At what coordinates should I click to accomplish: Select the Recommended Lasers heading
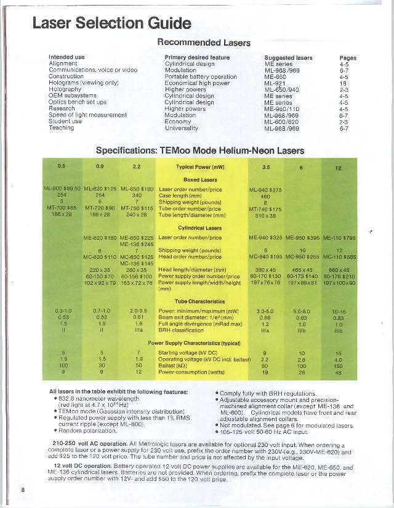[x=204, y=43]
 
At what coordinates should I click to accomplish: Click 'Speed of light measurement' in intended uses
[x=87, y=115]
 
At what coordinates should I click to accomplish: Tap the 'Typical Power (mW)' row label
[x=200, y=166]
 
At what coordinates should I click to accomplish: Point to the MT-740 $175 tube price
[x=265, y=210]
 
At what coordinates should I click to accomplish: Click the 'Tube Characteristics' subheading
[x=198, y=301]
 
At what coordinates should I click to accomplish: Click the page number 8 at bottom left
[x=23, y=490]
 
